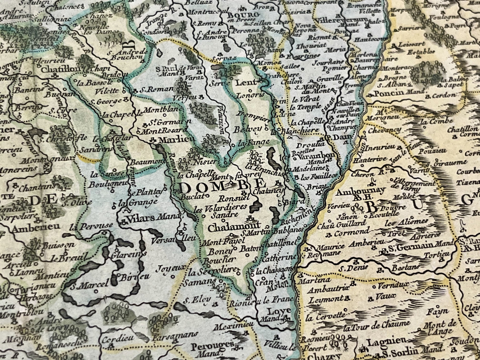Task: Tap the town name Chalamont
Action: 230,228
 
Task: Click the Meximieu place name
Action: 231,326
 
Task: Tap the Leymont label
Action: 326,299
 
